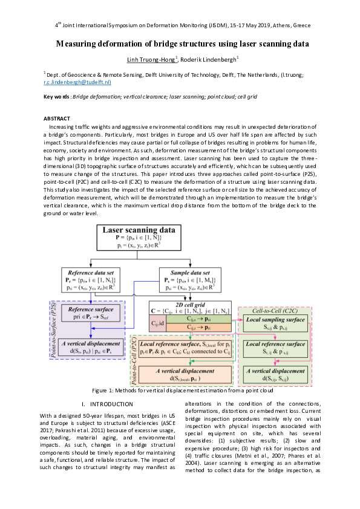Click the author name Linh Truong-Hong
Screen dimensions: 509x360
pos(150,59)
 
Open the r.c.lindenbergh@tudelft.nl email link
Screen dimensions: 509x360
pos(77,81)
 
